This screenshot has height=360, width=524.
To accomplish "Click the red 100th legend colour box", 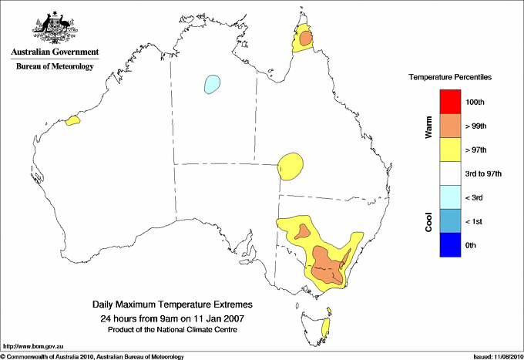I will coord(450,102).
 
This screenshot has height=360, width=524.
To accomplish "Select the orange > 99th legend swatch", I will coord(450,126).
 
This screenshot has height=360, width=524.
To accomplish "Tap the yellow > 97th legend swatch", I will coord(450,150).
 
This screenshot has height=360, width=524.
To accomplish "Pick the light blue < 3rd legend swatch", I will coord(450,197).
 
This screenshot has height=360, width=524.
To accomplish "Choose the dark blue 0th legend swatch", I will coord(450,245).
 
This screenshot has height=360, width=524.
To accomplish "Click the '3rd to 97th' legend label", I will coord(485,174).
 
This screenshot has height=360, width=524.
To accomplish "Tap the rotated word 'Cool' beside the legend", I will coord(428,221).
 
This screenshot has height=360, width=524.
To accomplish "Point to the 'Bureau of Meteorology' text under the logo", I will coord(55,67).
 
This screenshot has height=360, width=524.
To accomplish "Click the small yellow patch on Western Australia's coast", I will coord(73,120).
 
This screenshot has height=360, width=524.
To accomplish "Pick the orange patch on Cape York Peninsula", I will coord(306,38).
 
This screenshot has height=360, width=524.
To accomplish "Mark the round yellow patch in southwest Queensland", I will coord(291,164).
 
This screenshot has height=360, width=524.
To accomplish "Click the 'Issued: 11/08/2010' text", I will coord(496,356).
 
